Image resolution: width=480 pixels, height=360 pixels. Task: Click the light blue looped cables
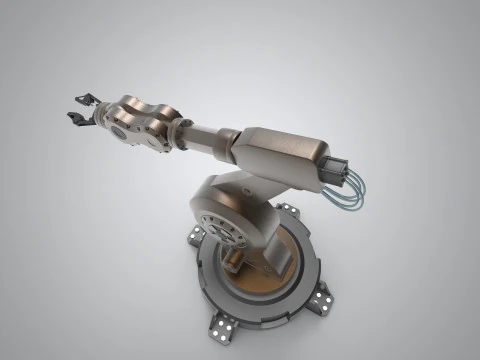point(350,196)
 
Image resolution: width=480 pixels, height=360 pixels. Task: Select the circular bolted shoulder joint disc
point(222,228)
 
